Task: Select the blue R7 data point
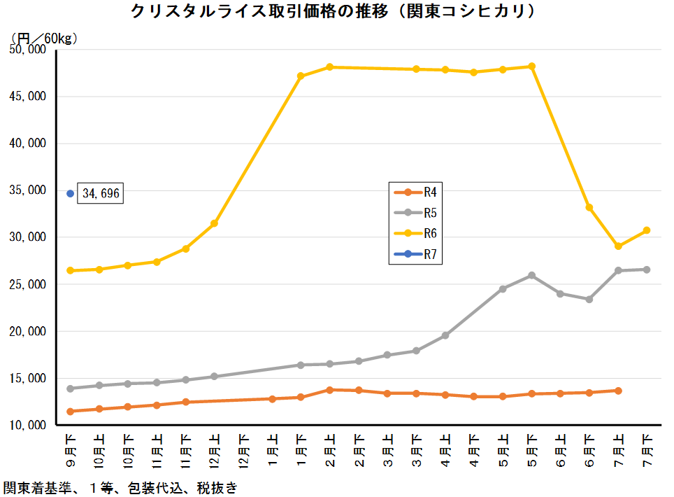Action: coord(70,193)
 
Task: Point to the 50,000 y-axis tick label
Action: coord(27,50)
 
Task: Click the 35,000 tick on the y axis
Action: coord(27,190)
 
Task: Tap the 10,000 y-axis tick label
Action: coord(27,425)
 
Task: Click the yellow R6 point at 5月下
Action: coord(531,66)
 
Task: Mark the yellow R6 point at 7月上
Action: coord(618,246)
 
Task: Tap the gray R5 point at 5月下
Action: coord(531,275)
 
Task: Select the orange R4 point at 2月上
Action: coord(329,390)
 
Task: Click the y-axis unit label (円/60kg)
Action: coord(43,38)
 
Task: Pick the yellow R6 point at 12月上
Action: coord(215,223)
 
